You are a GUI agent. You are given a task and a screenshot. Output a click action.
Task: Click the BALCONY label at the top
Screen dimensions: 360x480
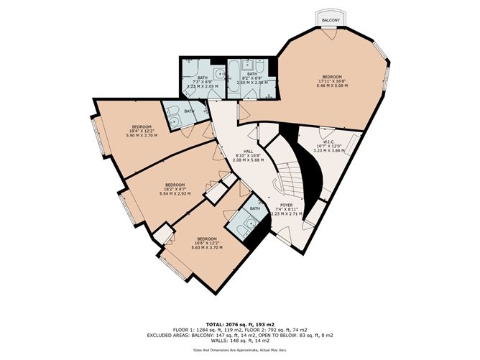coord(331,21)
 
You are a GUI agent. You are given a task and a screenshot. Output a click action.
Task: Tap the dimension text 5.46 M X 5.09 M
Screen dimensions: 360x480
coord(333,86)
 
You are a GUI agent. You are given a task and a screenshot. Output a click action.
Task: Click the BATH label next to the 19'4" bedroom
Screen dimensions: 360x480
coord(189,111)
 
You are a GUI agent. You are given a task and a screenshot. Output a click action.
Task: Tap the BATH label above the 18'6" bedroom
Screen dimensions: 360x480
coord(254,209)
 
